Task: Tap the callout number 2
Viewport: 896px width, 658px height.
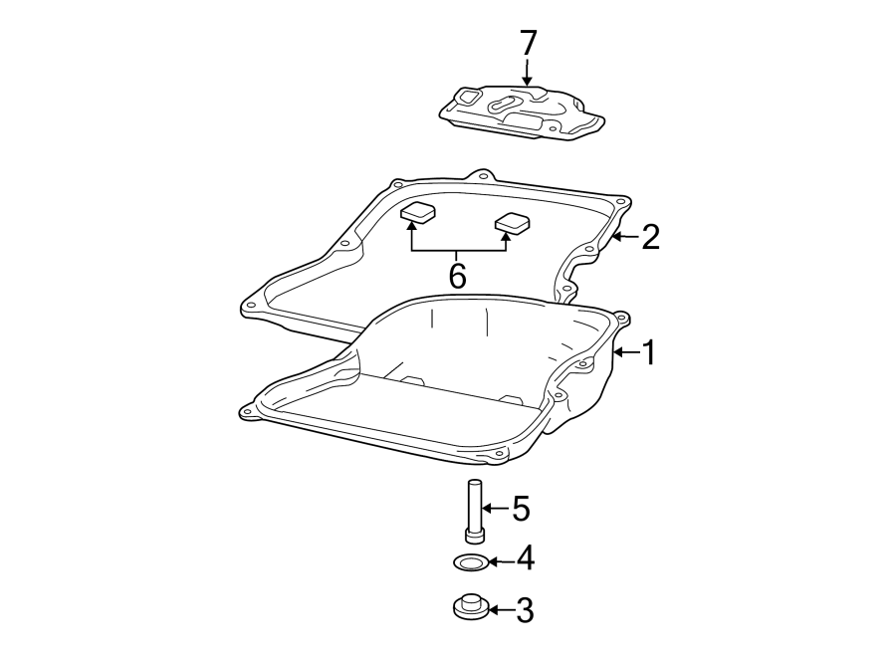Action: tap(650, 237)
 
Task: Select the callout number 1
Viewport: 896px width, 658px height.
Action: tap(649, 352)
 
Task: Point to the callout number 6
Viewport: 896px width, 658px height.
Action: tap(457, 276)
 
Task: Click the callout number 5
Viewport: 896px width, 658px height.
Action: tap(520, 510)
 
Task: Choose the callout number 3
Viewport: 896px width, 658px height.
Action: tap(523, 610)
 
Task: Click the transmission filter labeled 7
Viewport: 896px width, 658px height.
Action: tap(523, 115)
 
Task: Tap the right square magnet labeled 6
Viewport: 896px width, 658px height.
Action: tap(513, 223)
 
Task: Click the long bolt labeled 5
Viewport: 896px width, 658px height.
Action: tap(474, 510)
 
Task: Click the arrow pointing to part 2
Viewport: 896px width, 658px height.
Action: tap(625, 237)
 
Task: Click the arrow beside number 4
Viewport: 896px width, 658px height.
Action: tap(500, 561)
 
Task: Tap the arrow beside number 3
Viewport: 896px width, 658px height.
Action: tap(500, 609)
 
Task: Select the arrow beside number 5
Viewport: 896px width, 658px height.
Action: tap(497, 510)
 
